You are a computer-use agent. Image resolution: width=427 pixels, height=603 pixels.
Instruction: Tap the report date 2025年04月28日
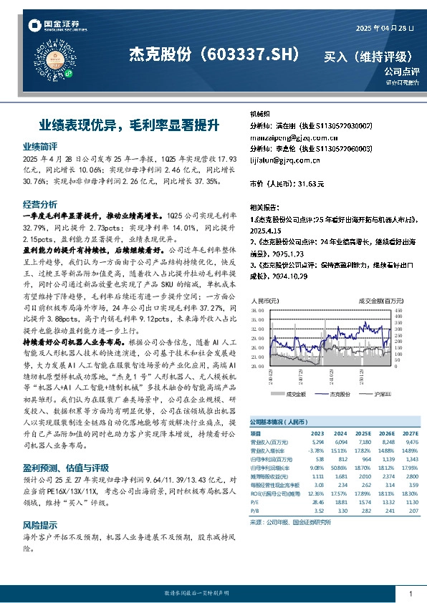385,27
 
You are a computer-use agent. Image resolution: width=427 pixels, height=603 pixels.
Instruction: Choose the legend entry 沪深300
384,394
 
